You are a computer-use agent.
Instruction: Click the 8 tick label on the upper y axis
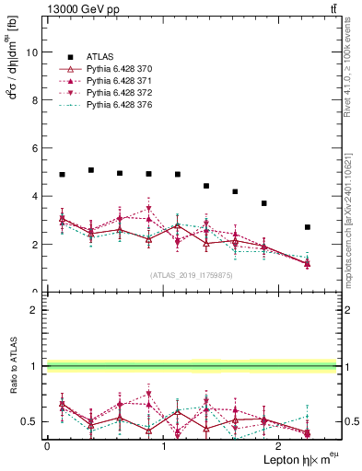(37, 100)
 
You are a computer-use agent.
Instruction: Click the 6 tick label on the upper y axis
(37, 148)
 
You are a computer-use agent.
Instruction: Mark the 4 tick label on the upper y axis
(37, 196)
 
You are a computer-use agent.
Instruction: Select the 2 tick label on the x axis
(280, 446)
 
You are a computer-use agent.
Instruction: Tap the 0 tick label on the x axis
(47, 446)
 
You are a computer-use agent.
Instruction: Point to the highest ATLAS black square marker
(91, 170)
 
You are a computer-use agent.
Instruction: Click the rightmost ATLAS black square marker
(308, 227)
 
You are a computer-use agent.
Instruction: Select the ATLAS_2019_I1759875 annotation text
(191, 274)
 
